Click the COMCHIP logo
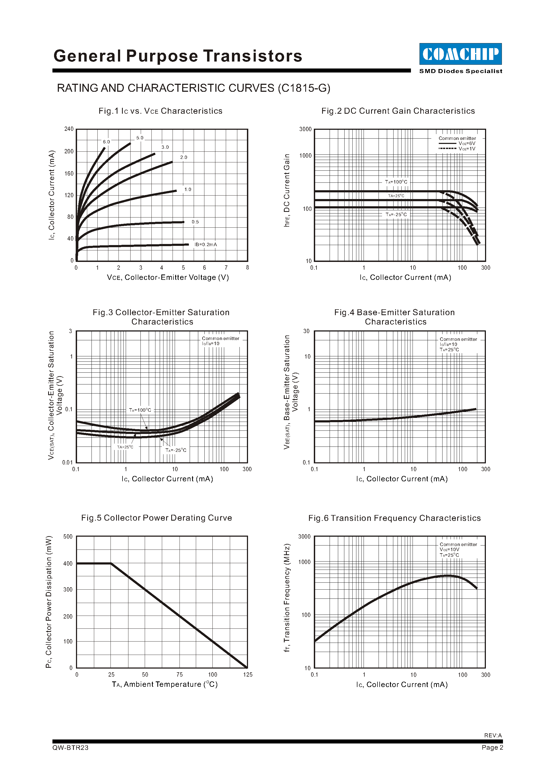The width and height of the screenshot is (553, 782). pyautogui.click(x=460, y=54)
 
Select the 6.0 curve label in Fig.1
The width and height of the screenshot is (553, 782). pyautogui.click(x=106, y=142)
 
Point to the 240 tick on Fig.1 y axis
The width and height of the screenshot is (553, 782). pyautogui.click(x=69, y=129)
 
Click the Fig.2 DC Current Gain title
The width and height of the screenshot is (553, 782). pyautogui.click(x=398, y=111)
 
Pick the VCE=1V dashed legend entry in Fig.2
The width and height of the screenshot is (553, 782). pyautogui.click(x=457, y=149)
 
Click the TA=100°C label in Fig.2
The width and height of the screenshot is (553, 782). pyautogui.click(x=396, y=182)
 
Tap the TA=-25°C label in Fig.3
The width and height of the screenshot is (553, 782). pyautogui.click(x=176, y=450)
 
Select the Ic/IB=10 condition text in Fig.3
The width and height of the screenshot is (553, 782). pyautogui.click(x=211, y=344)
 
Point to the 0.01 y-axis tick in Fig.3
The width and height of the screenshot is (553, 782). pyautogui.click(x=67, y=462)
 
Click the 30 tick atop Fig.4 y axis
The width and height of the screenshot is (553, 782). pyautogui.click(x=307, y=331)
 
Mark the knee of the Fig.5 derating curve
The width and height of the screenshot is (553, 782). pyautogui.click(x=111, y=563)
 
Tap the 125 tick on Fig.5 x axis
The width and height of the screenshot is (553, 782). pyautogui.click(x=247, y=674)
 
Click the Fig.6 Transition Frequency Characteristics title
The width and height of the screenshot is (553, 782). pyautogui.click(x=394, y=518)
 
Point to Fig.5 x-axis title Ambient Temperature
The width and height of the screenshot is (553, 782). pyautogui.click(x=165, y=684)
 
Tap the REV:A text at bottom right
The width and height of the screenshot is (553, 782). pyautogui.click(x=493, y=735)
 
